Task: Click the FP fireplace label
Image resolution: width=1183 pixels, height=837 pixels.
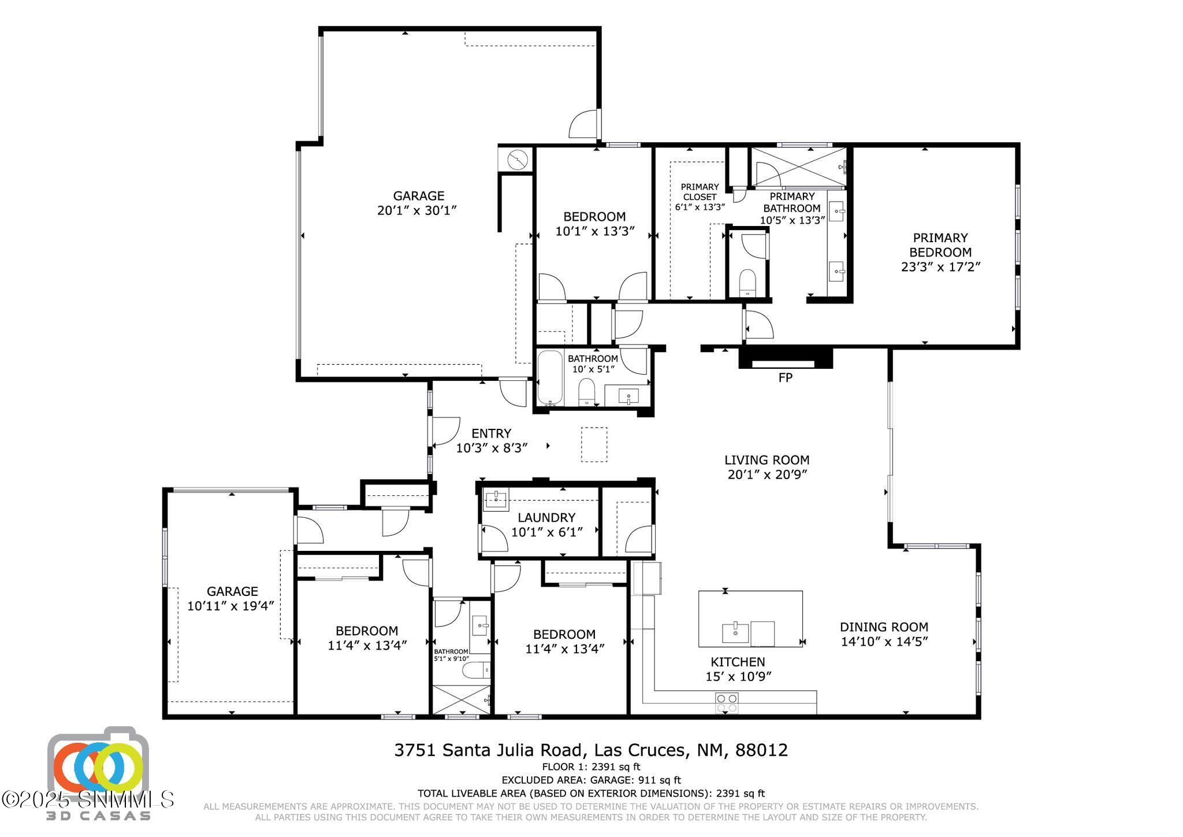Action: tap(785, 378)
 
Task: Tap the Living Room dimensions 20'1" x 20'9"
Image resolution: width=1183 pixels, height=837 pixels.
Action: tap(767, 475)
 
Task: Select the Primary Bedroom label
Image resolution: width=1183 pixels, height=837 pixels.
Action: tap(940, 245)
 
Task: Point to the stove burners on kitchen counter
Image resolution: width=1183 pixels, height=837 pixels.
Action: tap(727, 703)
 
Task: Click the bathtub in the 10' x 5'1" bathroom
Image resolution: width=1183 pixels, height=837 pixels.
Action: tap(549, 377)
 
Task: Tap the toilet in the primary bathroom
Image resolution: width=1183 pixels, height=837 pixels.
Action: tap(747, 281)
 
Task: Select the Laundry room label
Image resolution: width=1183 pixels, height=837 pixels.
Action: tap(546, 517)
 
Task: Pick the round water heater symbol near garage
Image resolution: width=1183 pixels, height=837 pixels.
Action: tap(517, 159)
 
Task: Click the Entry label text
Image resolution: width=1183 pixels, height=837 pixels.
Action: tap(491, 434)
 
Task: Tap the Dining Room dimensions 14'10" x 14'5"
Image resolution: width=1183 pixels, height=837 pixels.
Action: tap(884, 642)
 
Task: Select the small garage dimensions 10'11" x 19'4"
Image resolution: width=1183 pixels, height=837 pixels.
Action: tap(230, 606)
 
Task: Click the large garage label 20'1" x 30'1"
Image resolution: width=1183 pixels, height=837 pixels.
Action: tap(417, 210)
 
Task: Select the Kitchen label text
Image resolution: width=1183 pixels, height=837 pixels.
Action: tap(738, 662)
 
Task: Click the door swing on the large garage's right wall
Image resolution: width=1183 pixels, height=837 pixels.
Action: tap(583, 124)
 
